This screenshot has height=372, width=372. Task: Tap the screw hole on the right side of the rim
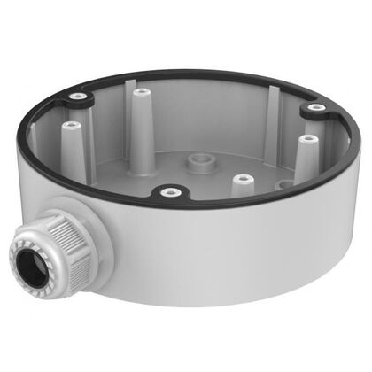315,108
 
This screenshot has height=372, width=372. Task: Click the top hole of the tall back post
140,89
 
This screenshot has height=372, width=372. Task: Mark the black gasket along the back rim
195,74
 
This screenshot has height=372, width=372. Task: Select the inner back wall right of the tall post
204,115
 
